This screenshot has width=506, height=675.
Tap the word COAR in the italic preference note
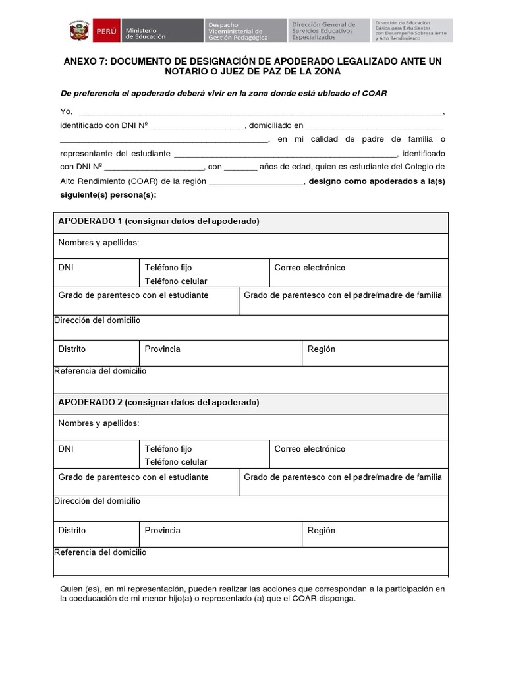tap(374, 94)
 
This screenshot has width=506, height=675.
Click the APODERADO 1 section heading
tap(158, 221)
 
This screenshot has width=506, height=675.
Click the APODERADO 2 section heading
tap(158, 402)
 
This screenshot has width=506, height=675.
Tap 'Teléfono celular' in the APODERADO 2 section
tap(175, 462)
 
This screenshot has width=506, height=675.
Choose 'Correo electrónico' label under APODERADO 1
tap(310, 268)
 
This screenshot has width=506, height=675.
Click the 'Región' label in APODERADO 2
tap(321, 530)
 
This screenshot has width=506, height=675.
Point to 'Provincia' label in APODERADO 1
tap(162, 349)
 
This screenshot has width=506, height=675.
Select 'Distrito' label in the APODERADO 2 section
tap(72, 530)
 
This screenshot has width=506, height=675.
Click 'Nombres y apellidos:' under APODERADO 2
tap(99, 423)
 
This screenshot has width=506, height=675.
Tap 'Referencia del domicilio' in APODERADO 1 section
tap(100, 371)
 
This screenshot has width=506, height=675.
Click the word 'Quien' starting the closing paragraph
tap(72, 588)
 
